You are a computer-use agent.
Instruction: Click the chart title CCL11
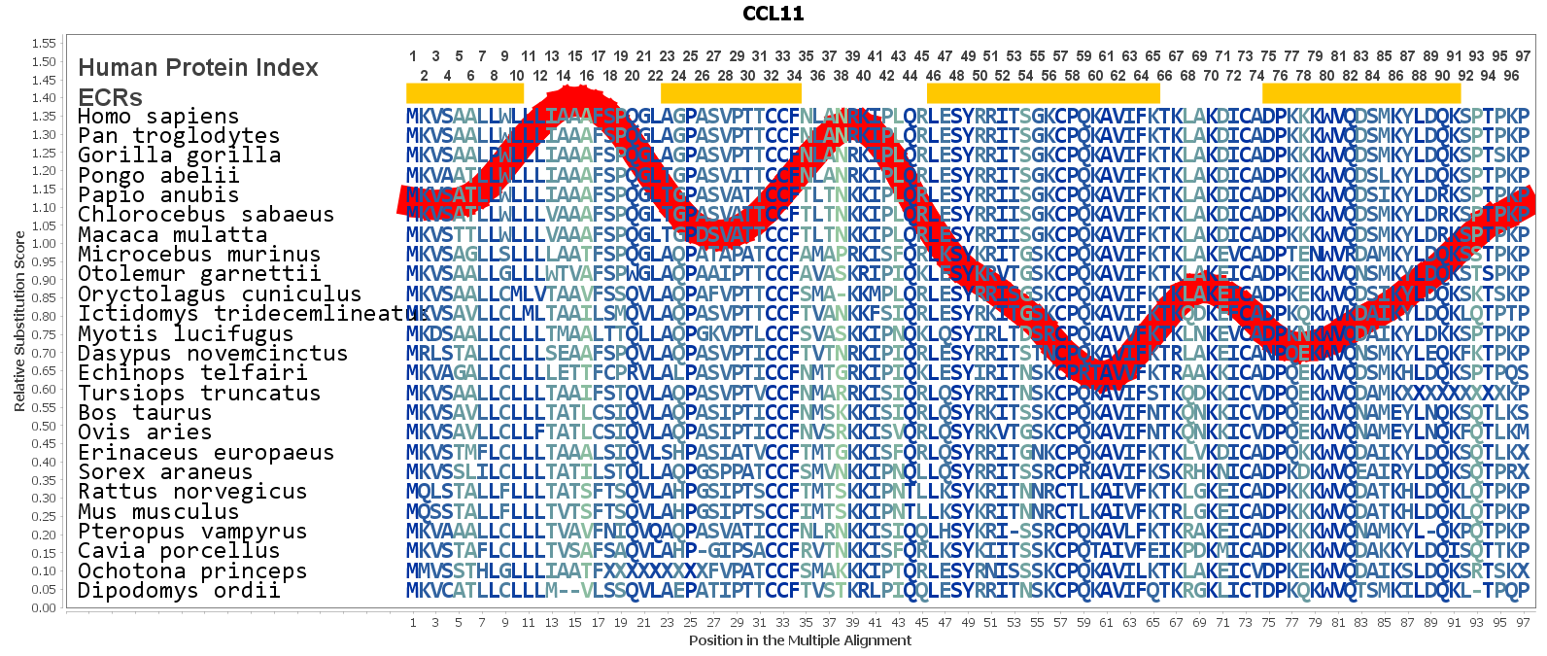tap(773, 14)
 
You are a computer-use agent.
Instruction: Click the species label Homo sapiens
tap(158, 116)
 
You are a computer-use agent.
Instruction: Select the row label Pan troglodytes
tap(179, 136)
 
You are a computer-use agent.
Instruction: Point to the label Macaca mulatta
tap(172, 234)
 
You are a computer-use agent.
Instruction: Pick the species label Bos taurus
tap(145, 412)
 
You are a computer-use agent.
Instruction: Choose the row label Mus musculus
tap(158, 511)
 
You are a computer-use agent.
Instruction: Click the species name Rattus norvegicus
tap(192, 492)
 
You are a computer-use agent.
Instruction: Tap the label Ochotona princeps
tap(192, 570)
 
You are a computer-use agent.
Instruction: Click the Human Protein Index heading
tap(198, 67)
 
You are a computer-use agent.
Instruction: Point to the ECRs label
tap(110, 97)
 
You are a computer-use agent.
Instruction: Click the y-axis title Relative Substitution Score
tap(19, 322)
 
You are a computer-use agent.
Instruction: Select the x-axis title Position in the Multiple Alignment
tap(800, 640)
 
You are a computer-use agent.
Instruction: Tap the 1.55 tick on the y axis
tap(44, 43)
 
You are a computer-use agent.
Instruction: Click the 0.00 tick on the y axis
tap(44, 607)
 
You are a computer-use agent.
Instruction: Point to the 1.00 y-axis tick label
tap(44, 243)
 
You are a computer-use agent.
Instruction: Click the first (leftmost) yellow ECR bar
tap(464, 93)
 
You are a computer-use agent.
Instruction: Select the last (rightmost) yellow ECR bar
tap(1360, 93)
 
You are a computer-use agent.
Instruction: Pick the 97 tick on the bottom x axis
tap(1523, 622)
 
